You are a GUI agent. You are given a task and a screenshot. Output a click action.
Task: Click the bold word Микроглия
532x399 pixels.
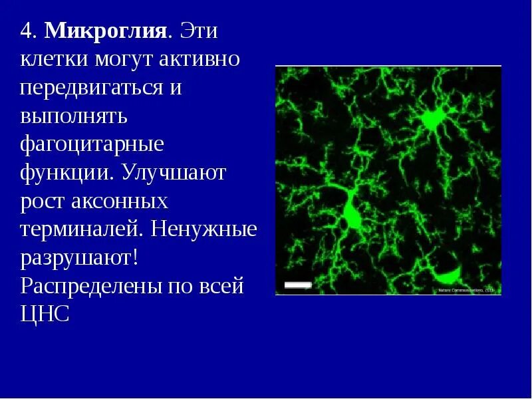point(105,31)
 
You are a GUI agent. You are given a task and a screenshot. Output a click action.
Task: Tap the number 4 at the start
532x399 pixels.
point(27,32)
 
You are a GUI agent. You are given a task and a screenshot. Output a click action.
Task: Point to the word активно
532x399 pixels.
point(199,61)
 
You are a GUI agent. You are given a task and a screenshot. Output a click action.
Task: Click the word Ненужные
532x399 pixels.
point(204,230)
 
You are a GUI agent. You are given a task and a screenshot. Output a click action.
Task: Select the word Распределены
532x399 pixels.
point(93,287)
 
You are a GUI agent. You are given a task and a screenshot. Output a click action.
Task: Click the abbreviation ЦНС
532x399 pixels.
point(45,315)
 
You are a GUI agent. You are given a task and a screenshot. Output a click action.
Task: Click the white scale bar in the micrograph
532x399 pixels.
point(298,285)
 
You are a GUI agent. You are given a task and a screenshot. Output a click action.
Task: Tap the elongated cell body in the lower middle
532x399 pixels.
point(350,214)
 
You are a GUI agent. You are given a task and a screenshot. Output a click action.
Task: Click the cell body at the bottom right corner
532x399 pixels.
point(447,274)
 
